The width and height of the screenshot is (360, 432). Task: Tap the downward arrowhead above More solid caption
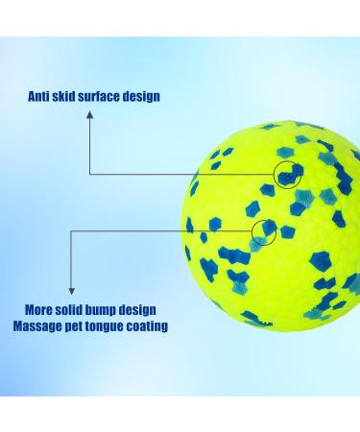71,290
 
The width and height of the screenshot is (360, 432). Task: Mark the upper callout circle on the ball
286,174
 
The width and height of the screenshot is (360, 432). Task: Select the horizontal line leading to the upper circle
182,174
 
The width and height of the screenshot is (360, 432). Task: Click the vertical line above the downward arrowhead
71,259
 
